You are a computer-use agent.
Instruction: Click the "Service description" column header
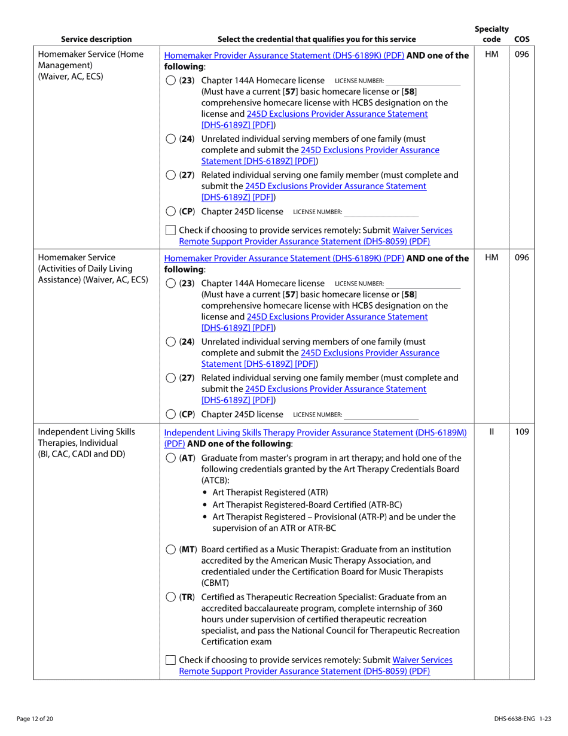(x=96, y=39)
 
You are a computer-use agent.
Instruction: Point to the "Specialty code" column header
(x=491, y=34)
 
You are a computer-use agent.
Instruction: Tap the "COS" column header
(x=521, y=39)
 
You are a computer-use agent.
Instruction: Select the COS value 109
(x=521, y=431)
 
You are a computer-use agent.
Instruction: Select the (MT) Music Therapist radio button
(x=170, y=549)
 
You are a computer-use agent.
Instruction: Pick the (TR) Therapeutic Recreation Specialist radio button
(x=170, y=597)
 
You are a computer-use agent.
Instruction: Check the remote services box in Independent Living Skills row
(x=170, y=660)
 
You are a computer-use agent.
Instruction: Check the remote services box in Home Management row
(x=170, y=230)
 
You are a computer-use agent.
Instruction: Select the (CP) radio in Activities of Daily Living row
(x=170, y=414)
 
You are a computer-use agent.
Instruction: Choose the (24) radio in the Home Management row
(x=170, y=139)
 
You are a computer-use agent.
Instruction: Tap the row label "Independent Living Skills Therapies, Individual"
(x=87, y=437)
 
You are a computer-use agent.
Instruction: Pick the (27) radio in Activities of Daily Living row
(x=170, y=378)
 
